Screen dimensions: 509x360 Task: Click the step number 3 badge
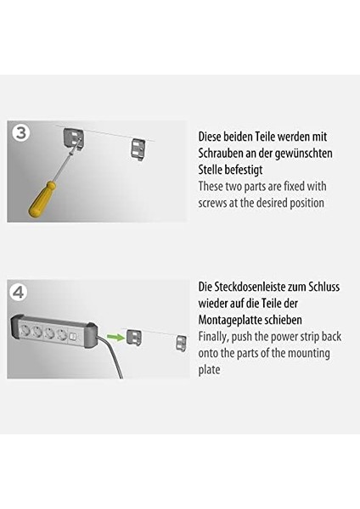point(21,132)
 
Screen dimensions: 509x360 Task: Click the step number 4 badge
point(20,294)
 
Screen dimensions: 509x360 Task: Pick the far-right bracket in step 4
point(180,342)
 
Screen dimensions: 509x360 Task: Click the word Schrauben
point(226,153)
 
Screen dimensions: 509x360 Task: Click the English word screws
point(217,204)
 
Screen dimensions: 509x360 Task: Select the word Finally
point(216,337)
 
